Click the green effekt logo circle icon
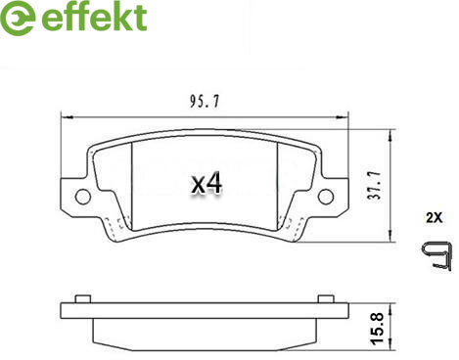pyautogui.click(x=17, y=18)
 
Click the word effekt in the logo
pyautogui.click(x=94, y=17)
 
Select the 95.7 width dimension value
pyautogui.click(x=205, y=101)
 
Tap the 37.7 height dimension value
pyautogui.click(x=375, y=185)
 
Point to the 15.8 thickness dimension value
pyautogui.click(x=377, y=328)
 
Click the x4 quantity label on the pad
pyautogui.click(x=207, y=184)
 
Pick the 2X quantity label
pyautogui.click(x=435, y=217)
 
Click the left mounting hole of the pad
pyautogui.click(x=83, y=197)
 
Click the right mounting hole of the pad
pyautogui.click(x=326, y=197)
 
